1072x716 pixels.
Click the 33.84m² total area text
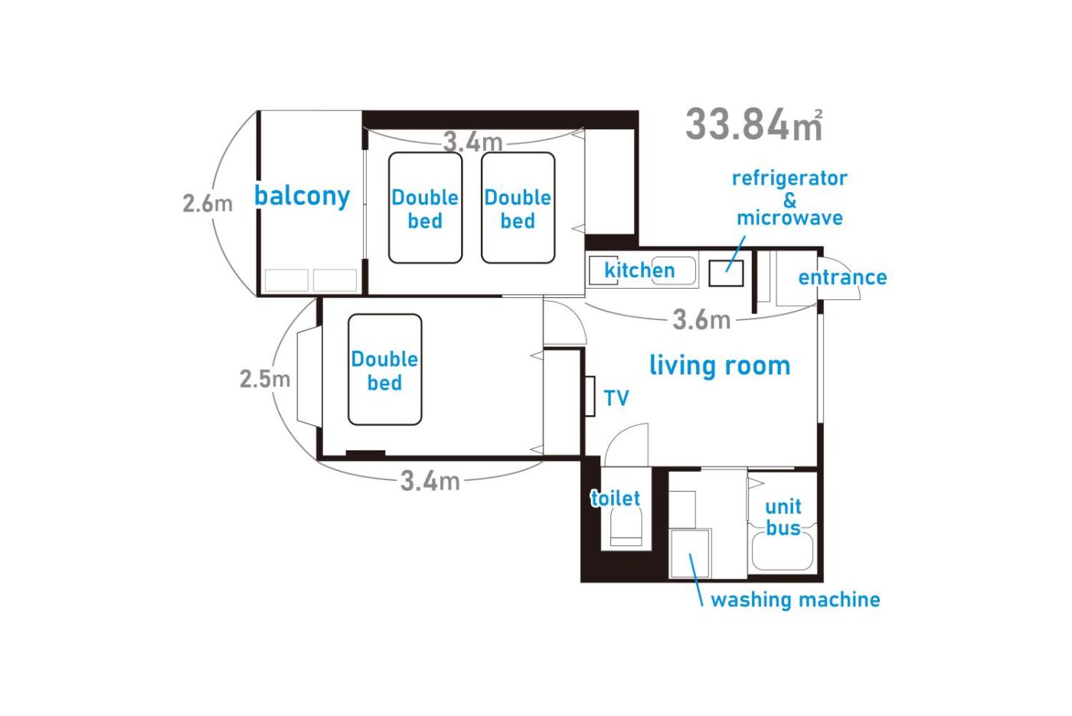753,124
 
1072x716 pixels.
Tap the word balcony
302,196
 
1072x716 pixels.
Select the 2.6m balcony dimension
208,204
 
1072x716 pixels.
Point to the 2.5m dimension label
265,379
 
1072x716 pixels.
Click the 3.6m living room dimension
701,320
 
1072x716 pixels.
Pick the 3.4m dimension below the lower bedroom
430,481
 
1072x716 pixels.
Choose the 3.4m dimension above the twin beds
473,142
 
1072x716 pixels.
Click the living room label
719,366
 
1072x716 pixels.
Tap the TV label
616,398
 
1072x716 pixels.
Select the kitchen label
639,270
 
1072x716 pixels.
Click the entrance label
842,277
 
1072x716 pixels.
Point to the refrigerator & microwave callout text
789,198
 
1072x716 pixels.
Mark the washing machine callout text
796,600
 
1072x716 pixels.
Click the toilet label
615,499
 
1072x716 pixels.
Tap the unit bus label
783,518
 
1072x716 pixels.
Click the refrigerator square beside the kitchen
726,273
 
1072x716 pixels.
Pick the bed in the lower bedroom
384,369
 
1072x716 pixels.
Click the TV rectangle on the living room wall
590,397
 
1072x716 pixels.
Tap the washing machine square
690,554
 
